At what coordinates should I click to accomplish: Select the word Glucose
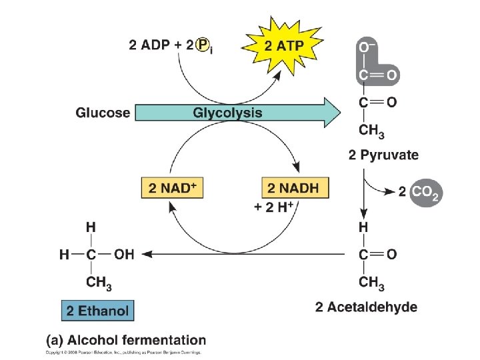[103, 112]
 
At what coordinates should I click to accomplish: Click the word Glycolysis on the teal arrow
[227, 112]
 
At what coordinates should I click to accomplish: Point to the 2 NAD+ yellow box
[172, 188]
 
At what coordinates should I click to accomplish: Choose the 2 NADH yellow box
[293, 188]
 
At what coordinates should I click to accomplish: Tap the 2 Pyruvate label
[383, 155]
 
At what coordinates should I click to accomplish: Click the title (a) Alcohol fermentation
[126, 341]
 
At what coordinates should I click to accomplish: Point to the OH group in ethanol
[123, 254]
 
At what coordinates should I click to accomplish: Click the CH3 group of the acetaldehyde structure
[372, 283]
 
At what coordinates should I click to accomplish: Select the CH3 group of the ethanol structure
[99, 283]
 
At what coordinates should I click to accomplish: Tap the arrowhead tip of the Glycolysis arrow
[340, 112]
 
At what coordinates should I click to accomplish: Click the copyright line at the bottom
[123, 352]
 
